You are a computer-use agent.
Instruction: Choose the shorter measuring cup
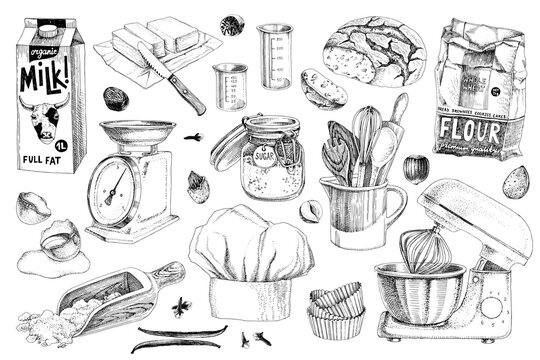(230, 85)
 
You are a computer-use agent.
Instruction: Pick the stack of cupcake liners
(335, 310)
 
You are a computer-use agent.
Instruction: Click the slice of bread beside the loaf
(322, 88)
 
